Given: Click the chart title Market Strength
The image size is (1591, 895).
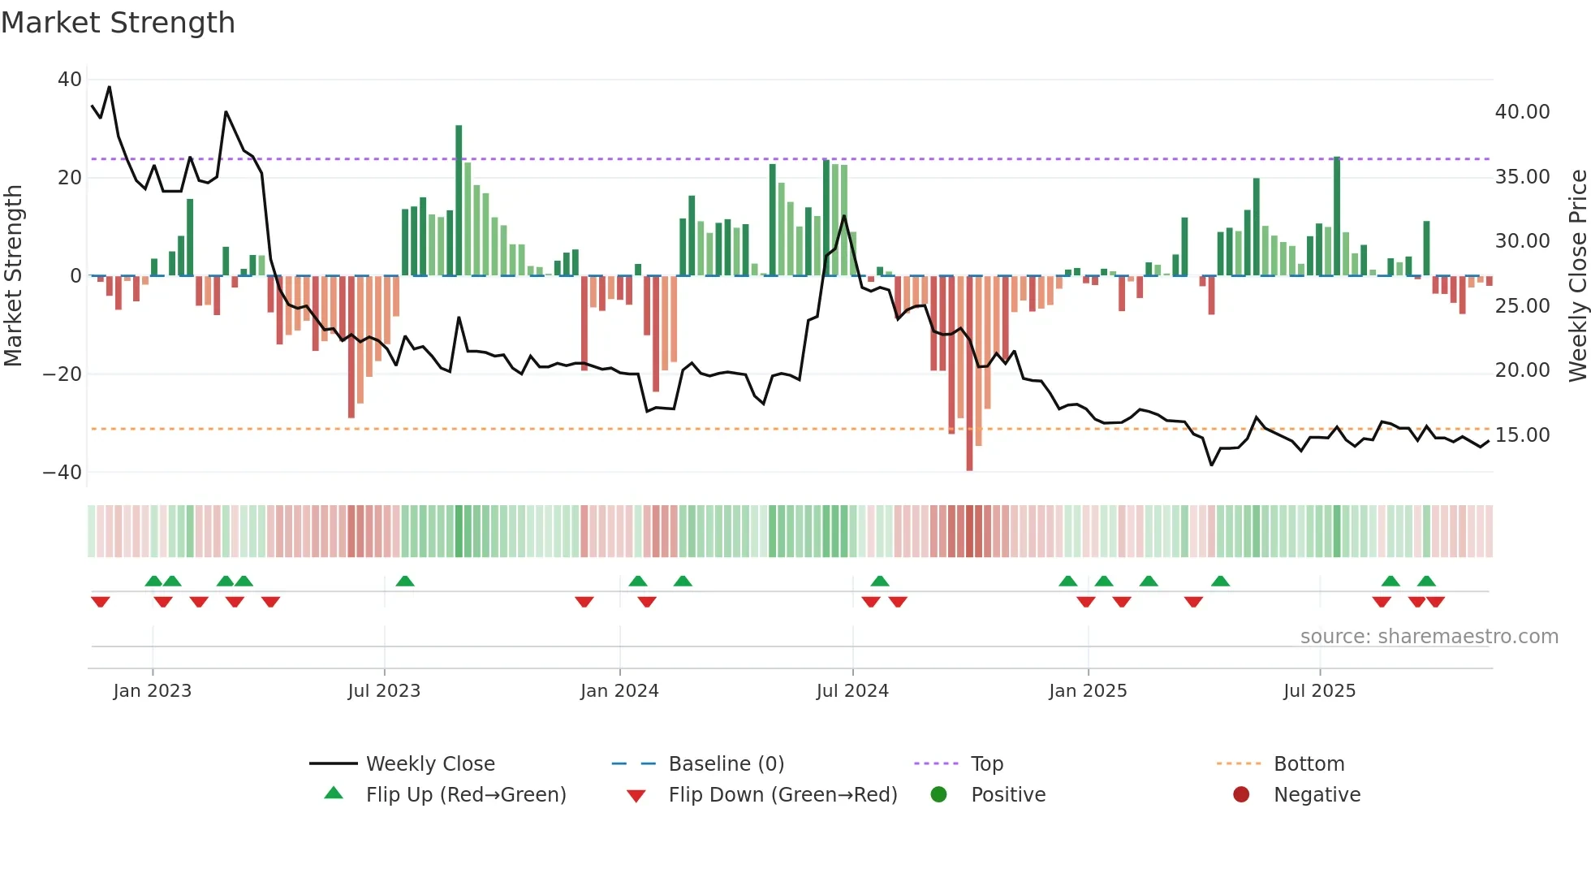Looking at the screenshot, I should pyautogui.click(x=118, y=23).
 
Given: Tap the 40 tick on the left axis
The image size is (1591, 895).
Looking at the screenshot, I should pyautogui.click(x=70, y=80).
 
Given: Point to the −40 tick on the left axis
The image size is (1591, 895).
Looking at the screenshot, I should pyautogui.click(x=63, y=472).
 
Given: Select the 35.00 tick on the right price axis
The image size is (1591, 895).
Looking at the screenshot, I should pyautogui.click(x=1522, y=177).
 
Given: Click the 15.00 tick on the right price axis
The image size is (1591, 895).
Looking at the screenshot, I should pyautogui.click(x=1522, y=435).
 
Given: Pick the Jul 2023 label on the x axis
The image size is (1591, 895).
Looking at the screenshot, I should pyautogui.click(x=384, y=691).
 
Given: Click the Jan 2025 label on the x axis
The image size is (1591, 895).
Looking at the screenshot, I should pyautogui.click(x=1088, y=691).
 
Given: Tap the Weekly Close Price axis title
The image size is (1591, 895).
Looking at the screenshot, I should pyautogui.click(x=1577, y=276).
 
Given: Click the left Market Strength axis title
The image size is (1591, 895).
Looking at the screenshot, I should pyautogui.click(x=13, y=276).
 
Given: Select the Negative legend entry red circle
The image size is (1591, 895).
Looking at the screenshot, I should pyautogui.click(x=1241, y=795).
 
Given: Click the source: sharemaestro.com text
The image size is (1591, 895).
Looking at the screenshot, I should pyautogui.click(x=1429, y=637).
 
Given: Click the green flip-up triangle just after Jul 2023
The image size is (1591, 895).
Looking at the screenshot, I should pyautogui.click(x=405, y=581).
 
